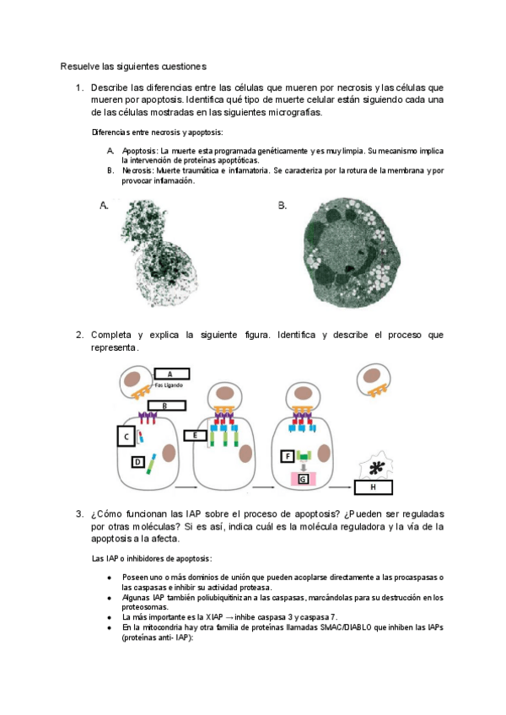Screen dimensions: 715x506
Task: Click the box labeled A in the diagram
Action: click(172, 374)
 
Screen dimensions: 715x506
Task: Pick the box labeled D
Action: click(137, 462)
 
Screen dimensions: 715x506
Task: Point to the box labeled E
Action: click(195, 435)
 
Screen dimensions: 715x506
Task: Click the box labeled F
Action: click(287, 456)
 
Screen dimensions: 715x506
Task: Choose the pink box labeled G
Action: click(303, 479)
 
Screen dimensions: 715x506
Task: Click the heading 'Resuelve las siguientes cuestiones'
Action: click(133, 66)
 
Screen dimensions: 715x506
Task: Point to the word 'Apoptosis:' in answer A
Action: click(140, 150)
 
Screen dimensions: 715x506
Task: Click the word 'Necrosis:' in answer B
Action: click(137, 170)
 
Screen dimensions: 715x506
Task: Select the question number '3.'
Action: click(79, 514)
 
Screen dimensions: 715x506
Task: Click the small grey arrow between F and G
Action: click(303, 467)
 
